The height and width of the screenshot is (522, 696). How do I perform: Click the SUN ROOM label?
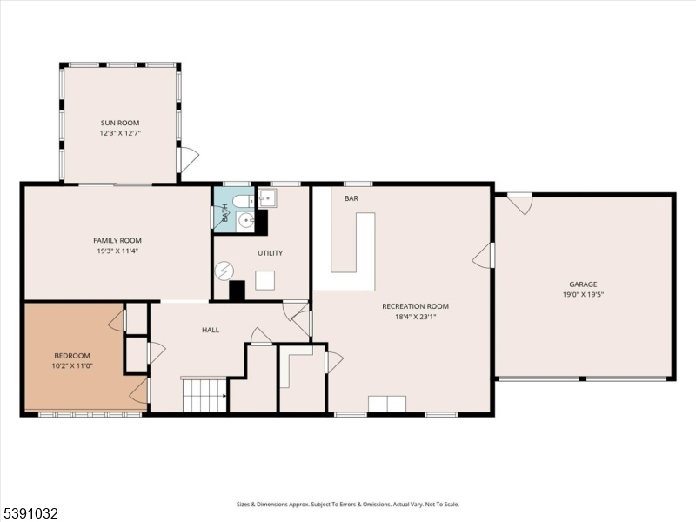coord(120,123)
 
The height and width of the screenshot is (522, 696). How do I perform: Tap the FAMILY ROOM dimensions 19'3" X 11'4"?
coord(117,251)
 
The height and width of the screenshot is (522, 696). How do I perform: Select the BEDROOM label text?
coord(72,356)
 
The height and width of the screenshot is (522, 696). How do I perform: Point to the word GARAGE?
coord(583,284)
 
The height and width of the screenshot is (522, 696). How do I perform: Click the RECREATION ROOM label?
coord(416,306)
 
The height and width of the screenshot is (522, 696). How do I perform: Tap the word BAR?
coord(351,198)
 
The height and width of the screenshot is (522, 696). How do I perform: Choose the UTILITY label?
coord(271,253)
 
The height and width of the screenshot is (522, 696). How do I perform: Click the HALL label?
coord(211,330)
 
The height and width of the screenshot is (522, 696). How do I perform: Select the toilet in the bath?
coord(243,201)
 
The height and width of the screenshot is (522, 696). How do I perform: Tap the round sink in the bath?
coord(245,220)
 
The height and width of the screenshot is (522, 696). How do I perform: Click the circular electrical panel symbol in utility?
coord(224,271)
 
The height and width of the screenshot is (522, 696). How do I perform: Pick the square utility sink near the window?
coord(268,198)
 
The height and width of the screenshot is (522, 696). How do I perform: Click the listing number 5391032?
coord(30,513)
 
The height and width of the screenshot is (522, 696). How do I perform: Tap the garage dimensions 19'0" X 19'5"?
coord(583,294)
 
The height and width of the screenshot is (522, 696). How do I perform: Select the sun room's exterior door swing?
coord(187,160)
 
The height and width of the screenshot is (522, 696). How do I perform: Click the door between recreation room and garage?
coord(483,256)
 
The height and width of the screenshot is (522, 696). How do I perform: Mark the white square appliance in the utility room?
coord(264,280)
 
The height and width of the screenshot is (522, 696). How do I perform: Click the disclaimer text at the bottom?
coord(347,505)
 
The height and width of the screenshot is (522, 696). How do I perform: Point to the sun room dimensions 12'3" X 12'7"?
coord(120,133)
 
